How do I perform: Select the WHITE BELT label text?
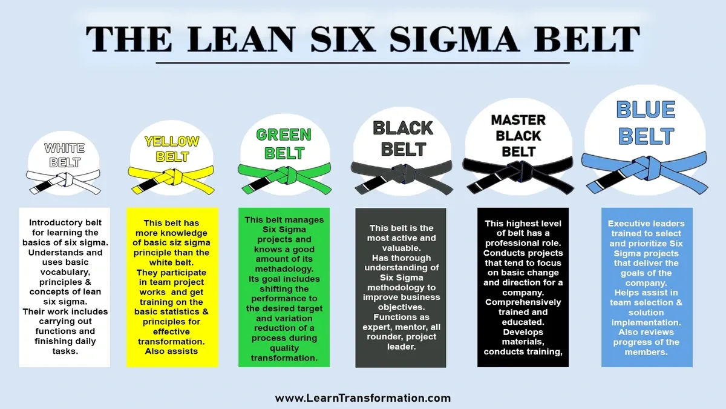tap(65, 155)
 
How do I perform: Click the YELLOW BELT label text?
tap(172, 148)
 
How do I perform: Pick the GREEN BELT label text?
tap(284, 143)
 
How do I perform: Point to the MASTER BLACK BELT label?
tap(518, 136)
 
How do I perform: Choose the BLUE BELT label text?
tap(646, 122)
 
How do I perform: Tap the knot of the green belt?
tap(287, 175)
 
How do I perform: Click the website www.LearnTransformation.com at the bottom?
tap(363, 398)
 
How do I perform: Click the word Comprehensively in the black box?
tap(523, 302)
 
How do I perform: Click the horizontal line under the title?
tap(363, 62)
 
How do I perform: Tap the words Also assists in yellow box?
tap(172, 351)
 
